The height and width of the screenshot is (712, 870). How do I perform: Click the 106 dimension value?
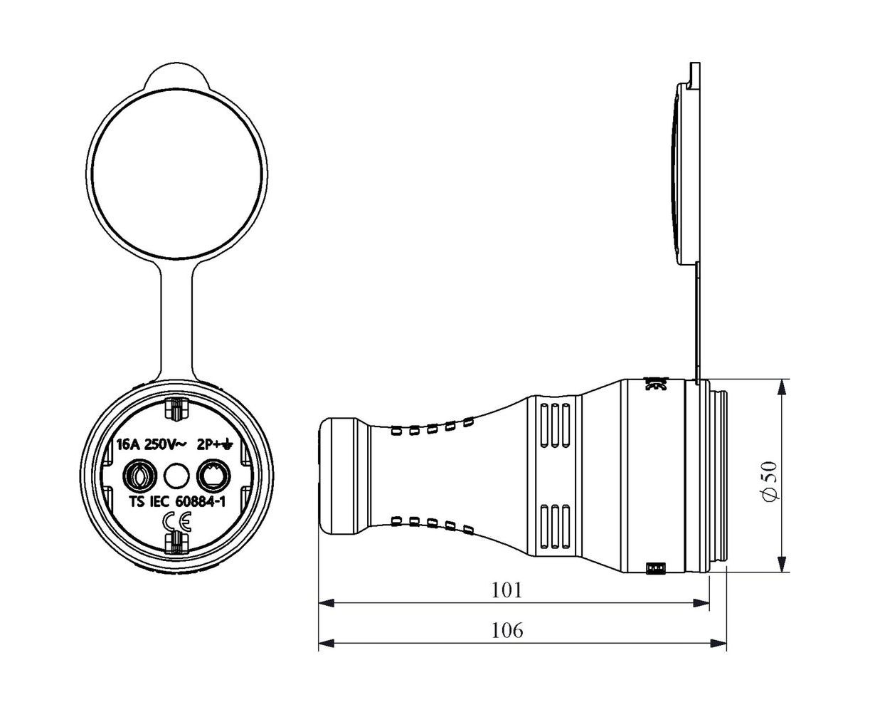507,630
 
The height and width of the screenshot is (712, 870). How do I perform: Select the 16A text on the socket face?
129,445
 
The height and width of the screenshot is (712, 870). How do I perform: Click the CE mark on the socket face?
176,522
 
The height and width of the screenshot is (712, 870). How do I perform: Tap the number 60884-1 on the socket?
200,502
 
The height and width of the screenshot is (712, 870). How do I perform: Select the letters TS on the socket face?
137,502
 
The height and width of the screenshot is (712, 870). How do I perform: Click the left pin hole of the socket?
140,476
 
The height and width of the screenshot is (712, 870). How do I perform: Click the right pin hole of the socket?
213,476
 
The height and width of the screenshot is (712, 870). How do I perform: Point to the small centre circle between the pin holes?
176,476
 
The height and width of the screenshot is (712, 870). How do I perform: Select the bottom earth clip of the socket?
176,543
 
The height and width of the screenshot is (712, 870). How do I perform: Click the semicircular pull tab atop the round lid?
176,75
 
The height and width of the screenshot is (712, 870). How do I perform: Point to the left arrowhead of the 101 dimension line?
327,603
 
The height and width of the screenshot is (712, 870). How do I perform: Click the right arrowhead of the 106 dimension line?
718,644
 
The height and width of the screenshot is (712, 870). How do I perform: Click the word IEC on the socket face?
160,502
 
